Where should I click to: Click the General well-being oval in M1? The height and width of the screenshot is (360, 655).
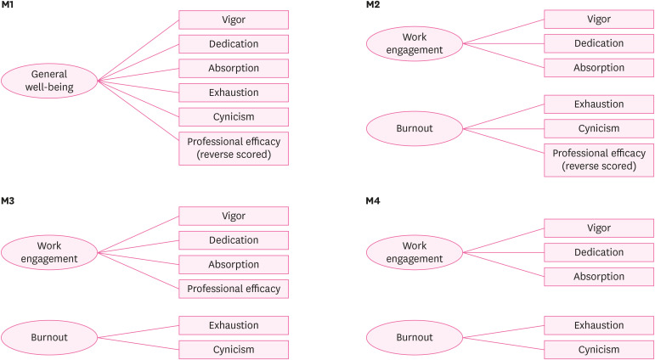tap(49, 80)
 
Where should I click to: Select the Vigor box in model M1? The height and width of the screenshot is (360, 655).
tap(234, 20)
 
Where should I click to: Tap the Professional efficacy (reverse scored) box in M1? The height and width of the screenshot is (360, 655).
tap(234, 148)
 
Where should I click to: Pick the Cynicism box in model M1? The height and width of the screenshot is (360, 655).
tap(234, 115)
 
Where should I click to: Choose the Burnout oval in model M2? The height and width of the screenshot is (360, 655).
tap(414, 128)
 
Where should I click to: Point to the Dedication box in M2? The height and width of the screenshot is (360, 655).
tap(598, 43)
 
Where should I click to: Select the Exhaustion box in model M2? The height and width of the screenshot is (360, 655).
tap(598, 104)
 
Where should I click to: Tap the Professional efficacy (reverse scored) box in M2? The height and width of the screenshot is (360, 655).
tap(598, 160)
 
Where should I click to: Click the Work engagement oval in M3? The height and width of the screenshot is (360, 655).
tap(49, 252)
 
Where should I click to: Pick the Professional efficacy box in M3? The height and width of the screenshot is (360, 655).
tap(234, 289)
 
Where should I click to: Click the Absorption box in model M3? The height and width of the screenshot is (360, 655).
tap(234, 264)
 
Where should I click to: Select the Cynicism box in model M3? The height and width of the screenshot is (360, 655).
tap(234, 349)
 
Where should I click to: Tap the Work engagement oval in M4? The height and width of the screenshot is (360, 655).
tap(414, 252)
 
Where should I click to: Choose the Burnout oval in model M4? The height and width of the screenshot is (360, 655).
tap(414, 337)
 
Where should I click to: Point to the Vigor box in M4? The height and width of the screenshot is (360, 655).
tap(598, 228)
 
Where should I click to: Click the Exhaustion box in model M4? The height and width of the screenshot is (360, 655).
tap(598, 325)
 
